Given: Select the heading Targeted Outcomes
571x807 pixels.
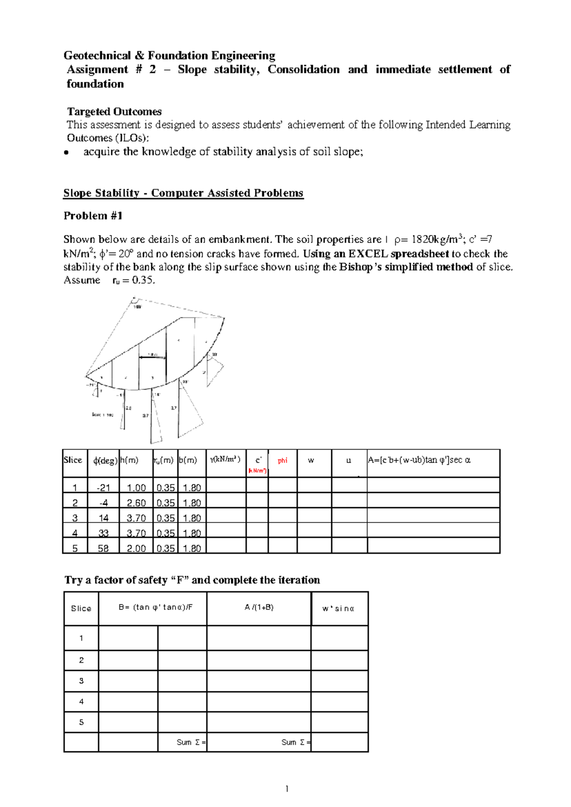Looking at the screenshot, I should tap(114, 112).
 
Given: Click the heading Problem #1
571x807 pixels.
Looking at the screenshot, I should tap(93, 216).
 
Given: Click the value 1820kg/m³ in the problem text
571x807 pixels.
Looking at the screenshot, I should tap(437, 239).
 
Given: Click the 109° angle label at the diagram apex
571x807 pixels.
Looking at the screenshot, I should tap(137, 307).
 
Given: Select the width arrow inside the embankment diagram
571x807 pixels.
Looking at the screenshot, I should tap(152, 357).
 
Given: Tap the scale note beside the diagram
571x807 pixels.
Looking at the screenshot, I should tap(102, 415).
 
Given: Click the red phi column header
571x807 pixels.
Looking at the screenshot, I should tap(283, 461).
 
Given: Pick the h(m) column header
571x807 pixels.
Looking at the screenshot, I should tap(129, 460).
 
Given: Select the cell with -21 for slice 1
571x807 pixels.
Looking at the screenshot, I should tap(103, 488).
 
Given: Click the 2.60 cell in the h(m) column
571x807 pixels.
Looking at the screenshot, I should tap(136, 503).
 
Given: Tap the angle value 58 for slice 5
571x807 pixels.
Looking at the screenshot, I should tap(103, 548).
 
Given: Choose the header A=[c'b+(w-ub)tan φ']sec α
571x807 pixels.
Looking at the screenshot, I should tap(419, 460).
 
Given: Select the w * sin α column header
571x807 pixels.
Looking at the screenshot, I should tap(338, 609).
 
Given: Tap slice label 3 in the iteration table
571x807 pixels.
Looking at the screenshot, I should tap(81, 681).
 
